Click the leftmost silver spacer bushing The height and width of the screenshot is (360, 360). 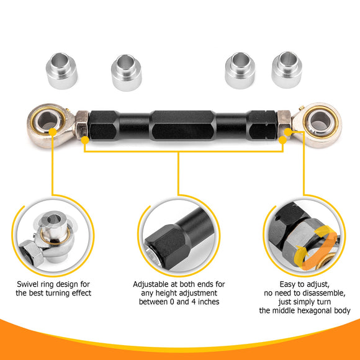61,71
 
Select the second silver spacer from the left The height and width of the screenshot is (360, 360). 127,73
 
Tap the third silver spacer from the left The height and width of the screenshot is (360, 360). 240,71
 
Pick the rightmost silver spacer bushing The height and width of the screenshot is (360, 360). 287,70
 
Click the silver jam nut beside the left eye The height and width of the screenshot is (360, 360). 82,125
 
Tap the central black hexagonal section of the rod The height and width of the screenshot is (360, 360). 182,125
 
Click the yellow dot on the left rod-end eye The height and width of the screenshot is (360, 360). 53,132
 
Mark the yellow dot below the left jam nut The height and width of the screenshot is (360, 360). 85,140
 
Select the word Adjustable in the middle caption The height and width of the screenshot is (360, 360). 151,284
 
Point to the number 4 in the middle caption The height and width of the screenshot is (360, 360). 194,302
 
